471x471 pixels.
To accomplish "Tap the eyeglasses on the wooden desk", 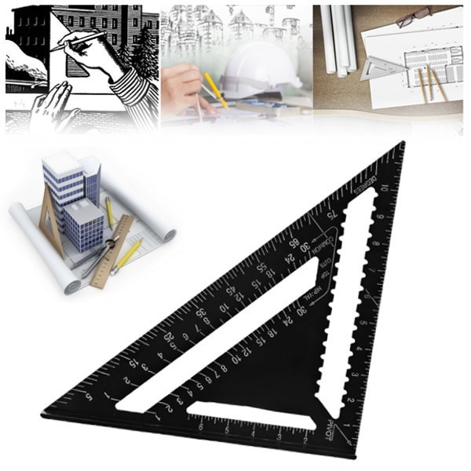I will pyautogui.click(x=413, y=16).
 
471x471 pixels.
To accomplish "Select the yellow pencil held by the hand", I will pyautogui.click(x=215, y=88).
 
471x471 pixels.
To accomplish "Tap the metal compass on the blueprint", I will pyautogui.click(x=98, y=259).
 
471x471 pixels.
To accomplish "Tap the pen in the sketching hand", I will pyautogui.click(x=78, y=40).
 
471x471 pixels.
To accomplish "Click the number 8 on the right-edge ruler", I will pyautogui.click(x=377, y=243).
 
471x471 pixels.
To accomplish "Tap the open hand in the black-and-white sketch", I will pyautogui.click(x=51, y=106).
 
